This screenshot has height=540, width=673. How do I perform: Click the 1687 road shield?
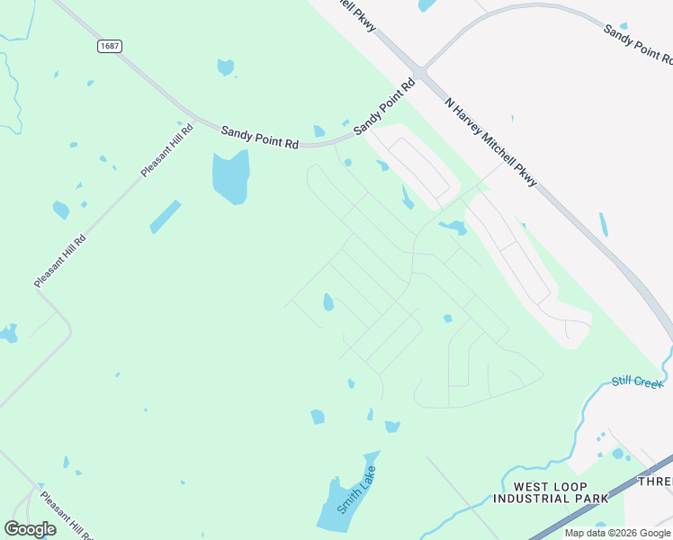pos(110,46)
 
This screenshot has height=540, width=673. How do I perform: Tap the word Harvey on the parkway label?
pos(474,124)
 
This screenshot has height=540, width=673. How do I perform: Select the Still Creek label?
pos(637,382)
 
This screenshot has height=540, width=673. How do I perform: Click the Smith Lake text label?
pos(355,490)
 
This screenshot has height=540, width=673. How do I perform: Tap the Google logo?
pos(30,529)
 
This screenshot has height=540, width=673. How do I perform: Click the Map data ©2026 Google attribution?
pos(618,533)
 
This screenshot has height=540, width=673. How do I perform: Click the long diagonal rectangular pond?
pos(166,216)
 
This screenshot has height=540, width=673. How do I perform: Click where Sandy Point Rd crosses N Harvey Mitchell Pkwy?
pos(420,72)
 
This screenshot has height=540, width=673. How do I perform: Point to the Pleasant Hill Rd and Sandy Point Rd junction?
pos(193,120)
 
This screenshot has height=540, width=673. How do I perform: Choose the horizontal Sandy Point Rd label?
pos(260,137)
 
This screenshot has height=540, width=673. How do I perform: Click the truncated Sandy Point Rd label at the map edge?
pos(638,43)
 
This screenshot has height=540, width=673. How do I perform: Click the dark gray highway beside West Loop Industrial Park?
pos(594,505)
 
